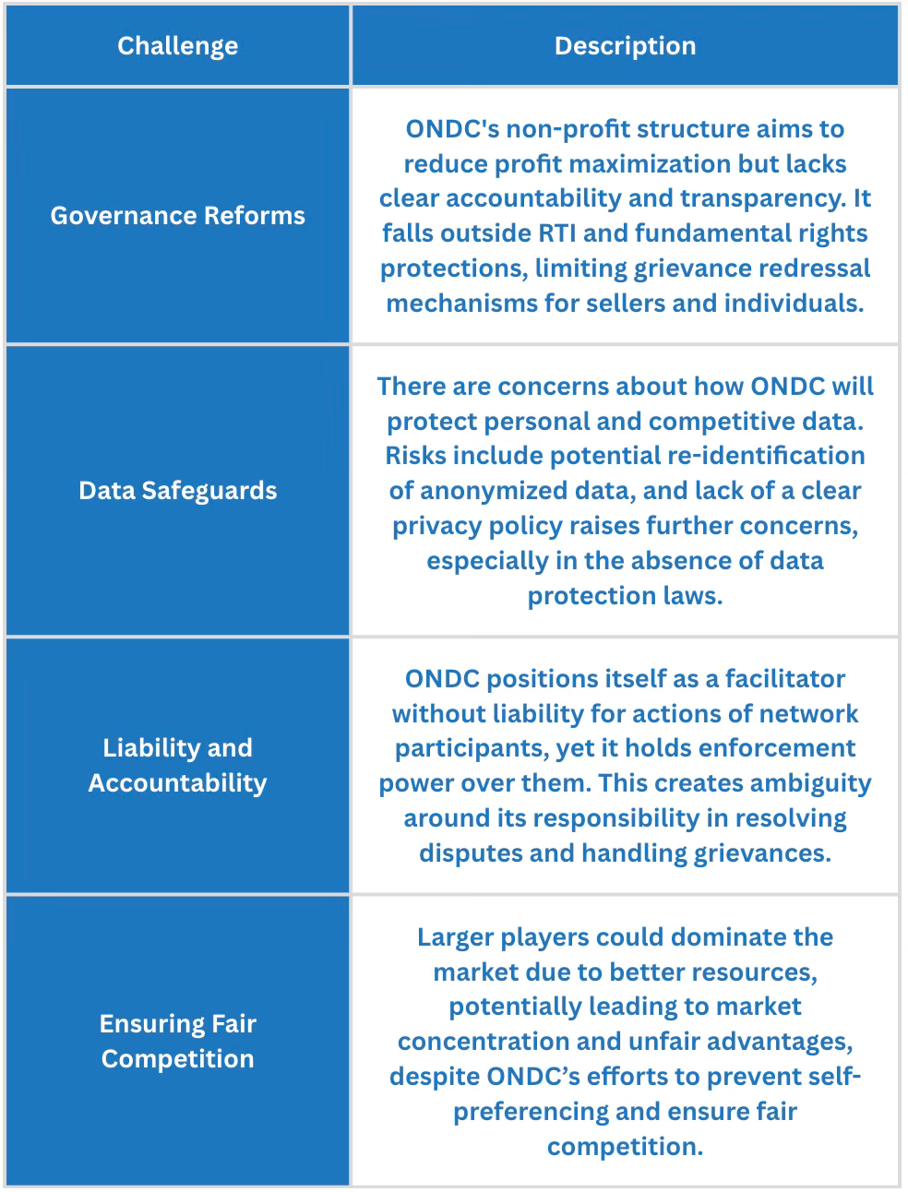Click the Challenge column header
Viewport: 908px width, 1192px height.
177,46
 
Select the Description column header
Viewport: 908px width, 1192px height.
625,46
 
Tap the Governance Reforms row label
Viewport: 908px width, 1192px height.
177,216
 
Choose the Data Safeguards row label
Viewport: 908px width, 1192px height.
177,491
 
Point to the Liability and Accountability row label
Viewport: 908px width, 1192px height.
177,765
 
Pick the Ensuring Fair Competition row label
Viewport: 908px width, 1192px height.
177,1041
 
